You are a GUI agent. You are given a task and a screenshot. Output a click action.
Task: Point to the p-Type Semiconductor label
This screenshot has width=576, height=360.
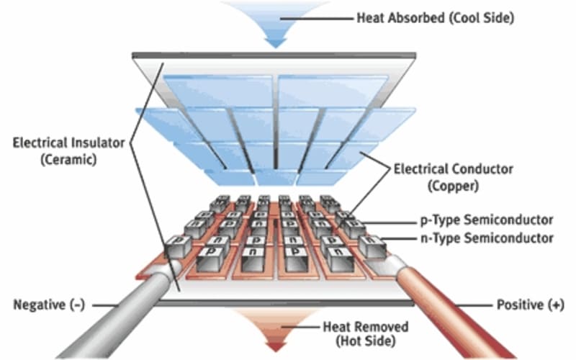coord(487,220)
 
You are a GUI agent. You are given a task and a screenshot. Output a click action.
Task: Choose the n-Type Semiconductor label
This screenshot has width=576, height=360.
coord(487,238)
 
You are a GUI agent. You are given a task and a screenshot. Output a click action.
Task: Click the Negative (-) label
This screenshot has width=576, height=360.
coord(49,305)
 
